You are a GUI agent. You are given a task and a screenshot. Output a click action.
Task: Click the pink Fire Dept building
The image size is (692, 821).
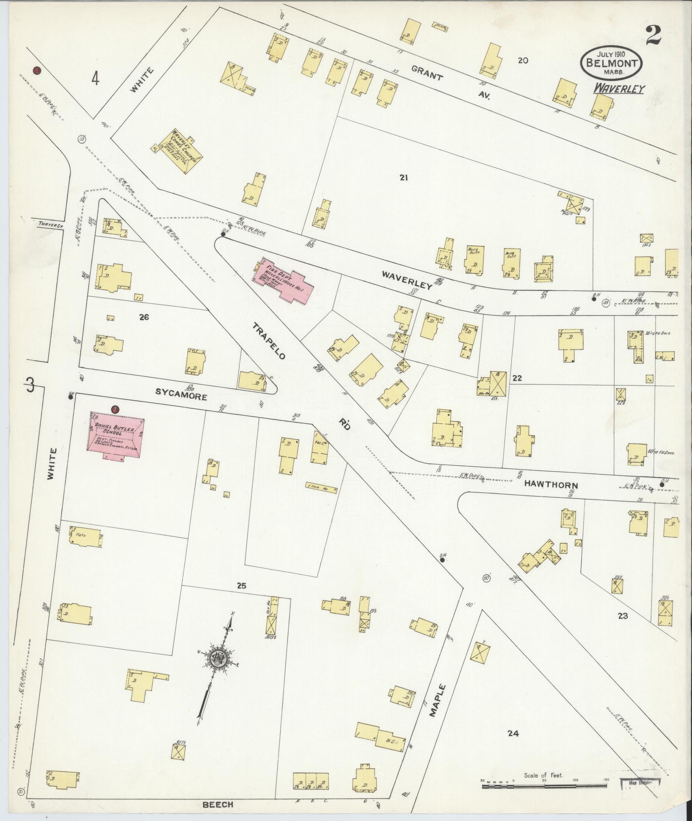click(x=284, y=281)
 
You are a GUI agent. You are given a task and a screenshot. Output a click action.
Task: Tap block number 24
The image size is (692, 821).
click(x=513, y=733)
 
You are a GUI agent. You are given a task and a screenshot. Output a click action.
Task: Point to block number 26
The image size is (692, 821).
click(x=144, y=318)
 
